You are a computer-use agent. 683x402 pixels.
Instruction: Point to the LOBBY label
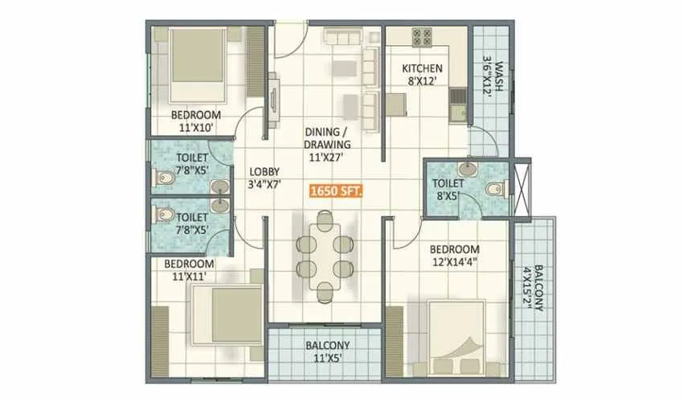tap(264, 171)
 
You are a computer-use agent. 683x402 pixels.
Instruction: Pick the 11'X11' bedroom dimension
tap(190, 276)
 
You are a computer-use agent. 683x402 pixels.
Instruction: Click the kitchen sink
tap(458, 105)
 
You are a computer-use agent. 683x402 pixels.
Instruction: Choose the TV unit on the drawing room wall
tap(272, 100)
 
